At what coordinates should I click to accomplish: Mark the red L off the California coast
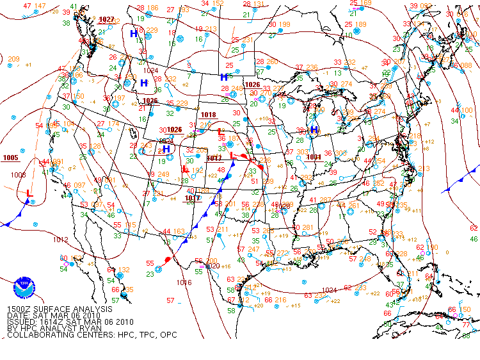pyautogui.click(x=29, y=193)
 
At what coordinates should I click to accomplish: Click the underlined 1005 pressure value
pyautogui.click(x=10, y=158)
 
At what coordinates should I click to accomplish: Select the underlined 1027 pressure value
pyautogui.click(x=106, y=19)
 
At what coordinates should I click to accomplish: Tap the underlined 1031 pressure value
pyautogui.click(x=314, y=156)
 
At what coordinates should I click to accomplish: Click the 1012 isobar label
pyautogui.click(x=61, y=240)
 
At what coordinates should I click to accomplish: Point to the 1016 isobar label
pyautogui.click(x=184, y=282)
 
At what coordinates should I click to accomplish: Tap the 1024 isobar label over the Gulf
pyautogui.click(x=330, y=290)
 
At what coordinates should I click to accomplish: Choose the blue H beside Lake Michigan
pyautogui.click(x=314, y=129)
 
